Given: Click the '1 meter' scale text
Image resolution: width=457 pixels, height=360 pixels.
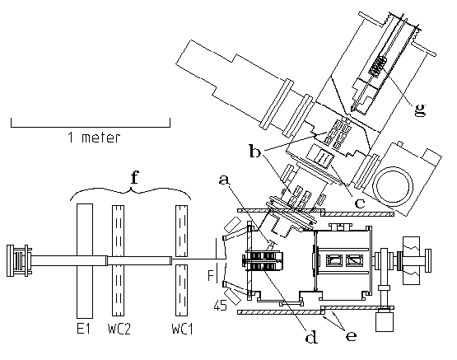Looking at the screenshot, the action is (94, 138).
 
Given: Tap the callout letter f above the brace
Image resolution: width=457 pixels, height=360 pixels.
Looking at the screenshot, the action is (134, 178).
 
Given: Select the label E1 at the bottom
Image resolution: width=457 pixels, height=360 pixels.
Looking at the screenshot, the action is (83, 329).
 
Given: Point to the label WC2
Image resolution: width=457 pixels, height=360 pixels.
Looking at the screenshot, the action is (119, 329).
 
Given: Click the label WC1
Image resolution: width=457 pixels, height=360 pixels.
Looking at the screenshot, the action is (182, 329).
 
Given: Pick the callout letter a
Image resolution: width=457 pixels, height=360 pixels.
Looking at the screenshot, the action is (224, 180).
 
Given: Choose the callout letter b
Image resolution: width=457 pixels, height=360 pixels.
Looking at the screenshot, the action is (255, 152).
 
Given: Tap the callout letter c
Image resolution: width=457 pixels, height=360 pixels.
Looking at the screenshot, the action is (360, 203).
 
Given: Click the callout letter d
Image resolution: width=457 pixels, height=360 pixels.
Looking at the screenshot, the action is (311, 337).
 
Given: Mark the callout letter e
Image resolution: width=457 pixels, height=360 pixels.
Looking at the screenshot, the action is (352, 336).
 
